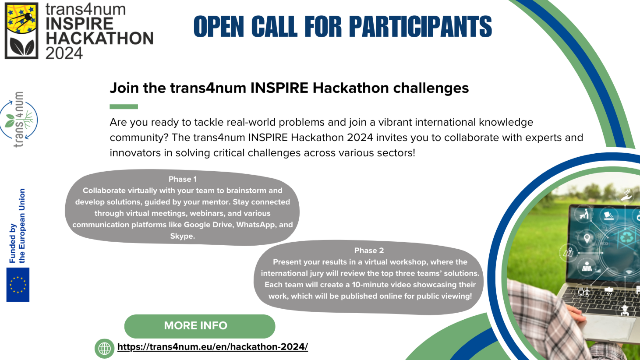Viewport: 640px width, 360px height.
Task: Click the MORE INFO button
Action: pyautogui.click(x=200, y=326)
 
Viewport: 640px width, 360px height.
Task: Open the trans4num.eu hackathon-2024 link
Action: pyautogui.click(x=212, y=347)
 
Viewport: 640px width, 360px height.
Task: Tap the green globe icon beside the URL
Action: pyautogui.click(x=104, y=349)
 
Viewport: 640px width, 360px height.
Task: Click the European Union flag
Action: pyautogui.click(x=18, y=285)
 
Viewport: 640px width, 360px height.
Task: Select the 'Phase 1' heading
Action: pyautogui.click(x=183, y=179)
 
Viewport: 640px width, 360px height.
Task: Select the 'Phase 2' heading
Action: pyautogui.click(x=369, y=251)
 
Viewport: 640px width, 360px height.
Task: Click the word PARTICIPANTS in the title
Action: pyautogui.click(x=420, y=27)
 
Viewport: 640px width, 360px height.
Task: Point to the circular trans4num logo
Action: pyautogui.click(x=19, y=120)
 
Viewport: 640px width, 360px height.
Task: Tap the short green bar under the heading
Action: pyautogui.click(x=124, y=106)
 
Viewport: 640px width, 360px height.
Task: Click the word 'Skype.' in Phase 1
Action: pyautogui.click(x=183, y=236)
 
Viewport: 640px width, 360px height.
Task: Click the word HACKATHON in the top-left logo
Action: pyautogui.click(x=100, y=38)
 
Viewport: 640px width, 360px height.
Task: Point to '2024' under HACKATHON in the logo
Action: pyautogui.click(x=64, y=53)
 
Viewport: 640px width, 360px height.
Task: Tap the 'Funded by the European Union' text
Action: pyautogui.click(x=17, y=226)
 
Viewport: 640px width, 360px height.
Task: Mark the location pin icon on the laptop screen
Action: pyautogui.click(x=587, y=238)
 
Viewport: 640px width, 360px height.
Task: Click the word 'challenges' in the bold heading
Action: pyautogui.click(x=431, y=88)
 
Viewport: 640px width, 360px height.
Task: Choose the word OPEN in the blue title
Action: pyautogui.click(x=219, y=27)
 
